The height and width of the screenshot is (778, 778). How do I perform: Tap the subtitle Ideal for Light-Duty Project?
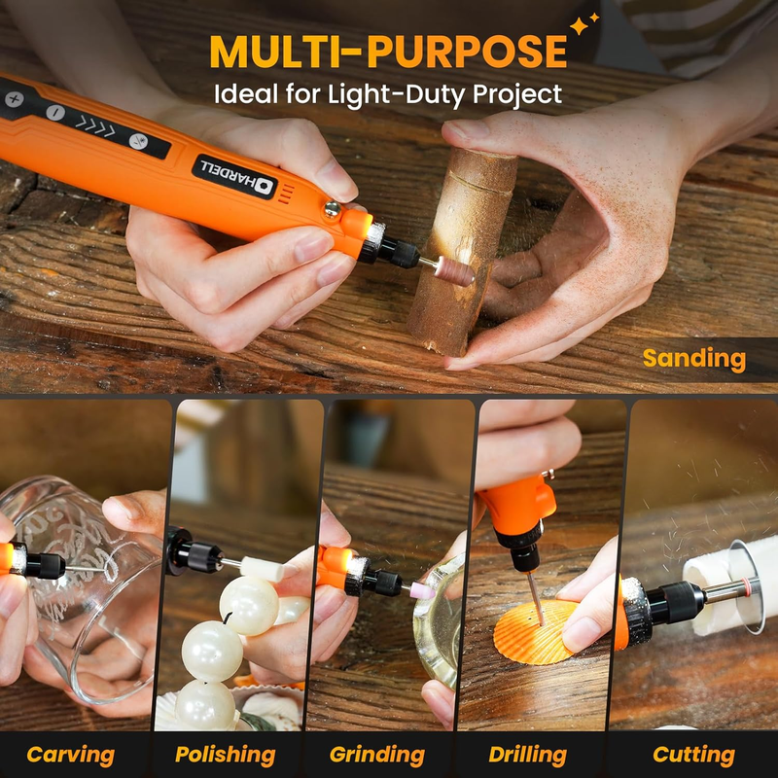point(389,94)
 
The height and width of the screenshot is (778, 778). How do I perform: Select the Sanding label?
point(694,358)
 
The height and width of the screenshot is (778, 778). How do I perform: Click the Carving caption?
point(70,755)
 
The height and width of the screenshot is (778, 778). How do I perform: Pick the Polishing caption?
point(225,755)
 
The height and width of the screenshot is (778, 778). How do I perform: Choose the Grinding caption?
point(376,755)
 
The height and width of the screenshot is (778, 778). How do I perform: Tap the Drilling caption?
point(528,755)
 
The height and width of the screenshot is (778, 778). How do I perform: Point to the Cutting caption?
point(693,755)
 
